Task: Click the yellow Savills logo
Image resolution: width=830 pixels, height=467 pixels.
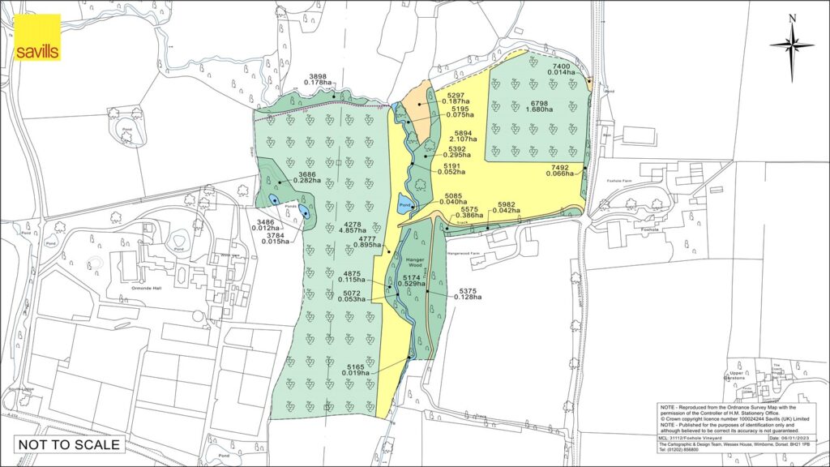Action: (x=36, y=38)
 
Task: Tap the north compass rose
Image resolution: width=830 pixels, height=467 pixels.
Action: (x=792, y=45)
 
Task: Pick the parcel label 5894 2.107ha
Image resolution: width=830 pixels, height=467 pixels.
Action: (x=464, y=138)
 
